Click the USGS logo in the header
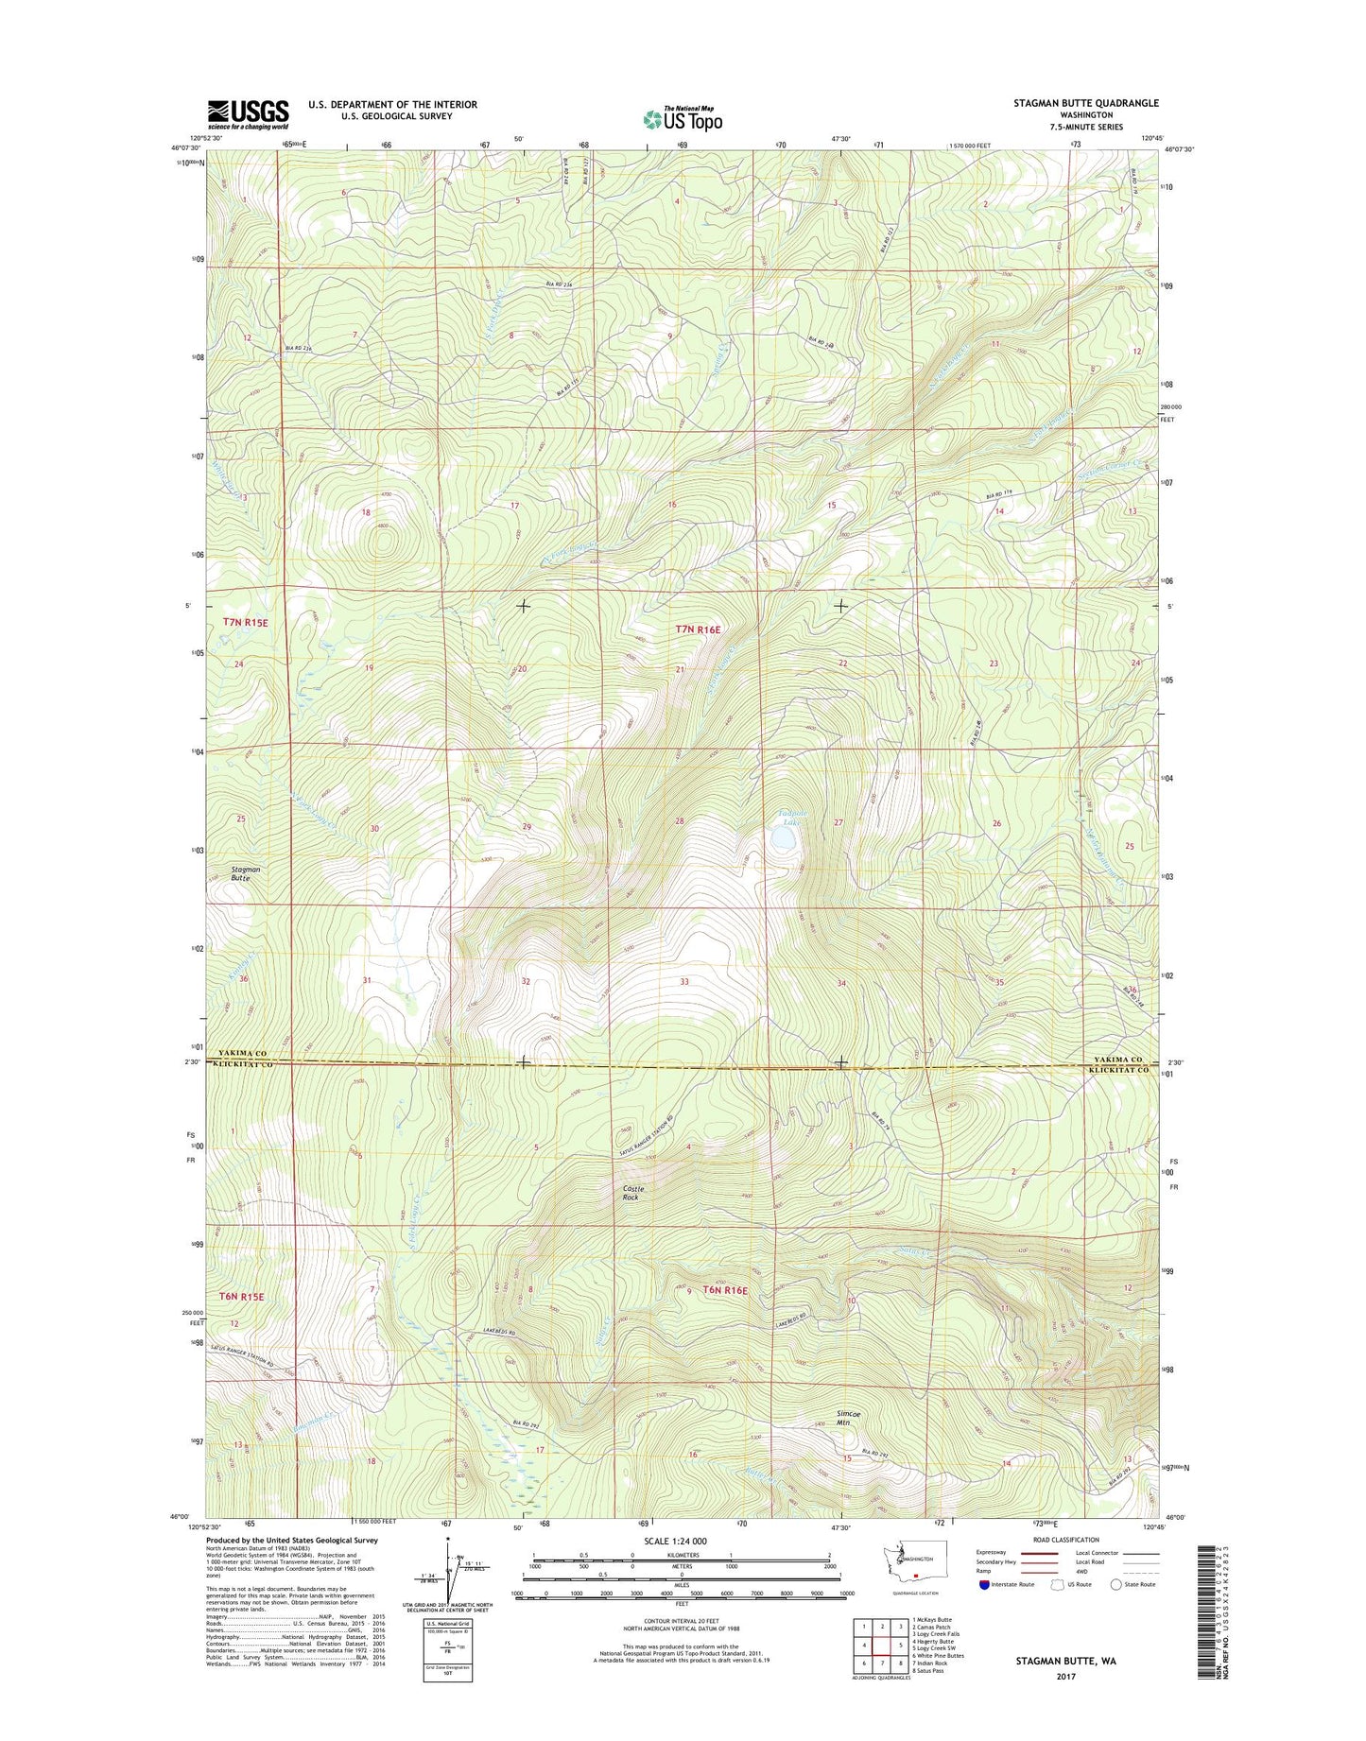pos(248,114)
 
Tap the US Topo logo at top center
pos(683,119)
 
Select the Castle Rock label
pos(632,1193)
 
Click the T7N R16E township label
pos(698,629)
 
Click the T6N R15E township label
pos(243,1297)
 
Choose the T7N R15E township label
pos(246,622)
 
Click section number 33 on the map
pos(684,982)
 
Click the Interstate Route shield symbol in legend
pos(984,1584)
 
